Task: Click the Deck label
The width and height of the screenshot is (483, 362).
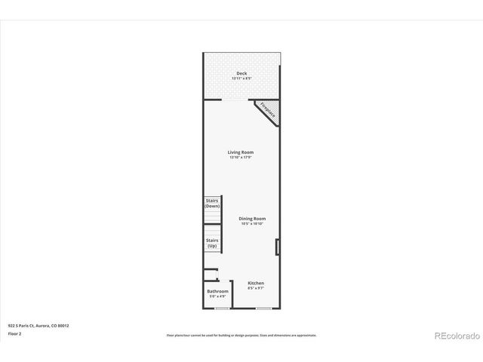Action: [x=241, y=73]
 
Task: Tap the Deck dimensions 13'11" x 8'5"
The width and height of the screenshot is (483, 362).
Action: [x=241, y=78]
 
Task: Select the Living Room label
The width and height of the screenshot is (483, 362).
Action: [x=241, y=152]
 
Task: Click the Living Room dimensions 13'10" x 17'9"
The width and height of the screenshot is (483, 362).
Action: [x=241, y=158]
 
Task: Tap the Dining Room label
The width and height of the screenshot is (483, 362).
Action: [x=253, y=219]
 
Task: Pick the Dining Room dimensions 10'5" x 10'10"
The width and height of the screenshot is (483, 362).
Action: [x=253, y=224]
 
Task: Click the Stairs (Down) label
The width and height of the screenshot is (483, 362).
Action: [x=212, y=204]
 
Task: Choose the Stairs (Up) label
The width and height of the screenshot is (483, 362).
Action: [x=212, y=243]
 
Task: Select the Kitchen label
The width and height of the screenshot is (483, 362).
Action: [x=256, y=283]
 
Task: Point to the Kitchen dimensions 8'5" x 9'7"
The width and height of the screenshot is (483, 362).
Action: [x=256, y=288]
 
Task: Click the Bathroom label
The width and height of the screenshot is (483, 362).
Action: [x=217, y=291]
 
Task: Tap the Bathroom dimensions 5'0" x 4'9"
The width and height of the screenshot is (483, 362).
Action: [x=217, y=296]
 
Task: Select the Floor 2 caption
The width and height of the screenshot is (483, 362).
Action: [x=16, y=333]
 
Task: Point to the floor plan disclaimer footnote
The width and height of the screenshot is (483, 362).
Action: [x=241, y=335]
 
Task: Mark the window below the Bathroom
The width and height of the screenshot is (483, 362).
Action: [x=222, y=308]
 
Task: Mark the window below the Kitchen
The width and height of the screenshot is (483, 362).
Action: [x=263, y=308]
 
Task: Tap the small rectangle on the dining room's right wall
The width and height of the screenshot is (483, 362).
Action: [x=278, y=247]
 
